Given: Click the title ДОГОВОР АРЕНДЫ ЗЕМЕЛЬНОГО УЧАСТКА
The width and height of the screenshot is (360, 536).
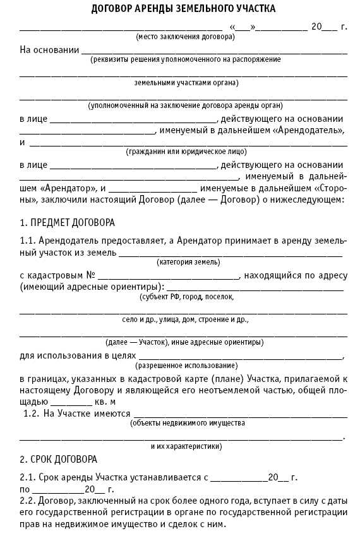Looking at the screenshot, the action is coord(183,9).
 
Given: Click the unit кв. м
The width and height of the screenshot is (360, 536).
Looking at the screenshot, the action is coord(105,401).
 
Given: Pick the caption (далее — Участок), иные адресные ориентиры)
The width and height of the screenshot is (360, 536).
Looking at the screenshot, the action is coord(184,342).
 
